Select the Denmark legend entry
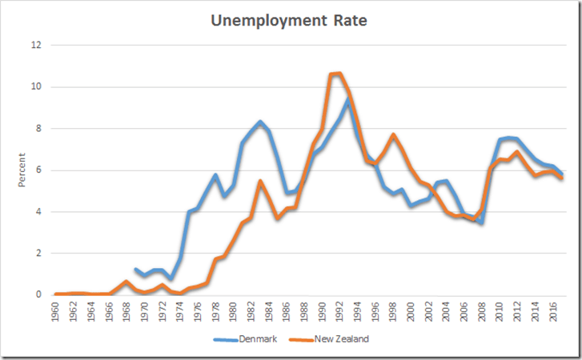258,339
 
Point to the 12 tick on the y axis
35,45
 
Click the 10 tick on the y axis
35,86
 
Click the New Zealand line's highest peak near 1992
339,74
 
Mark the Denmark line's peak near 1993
348,99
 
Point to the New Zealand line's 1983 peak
259,182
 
